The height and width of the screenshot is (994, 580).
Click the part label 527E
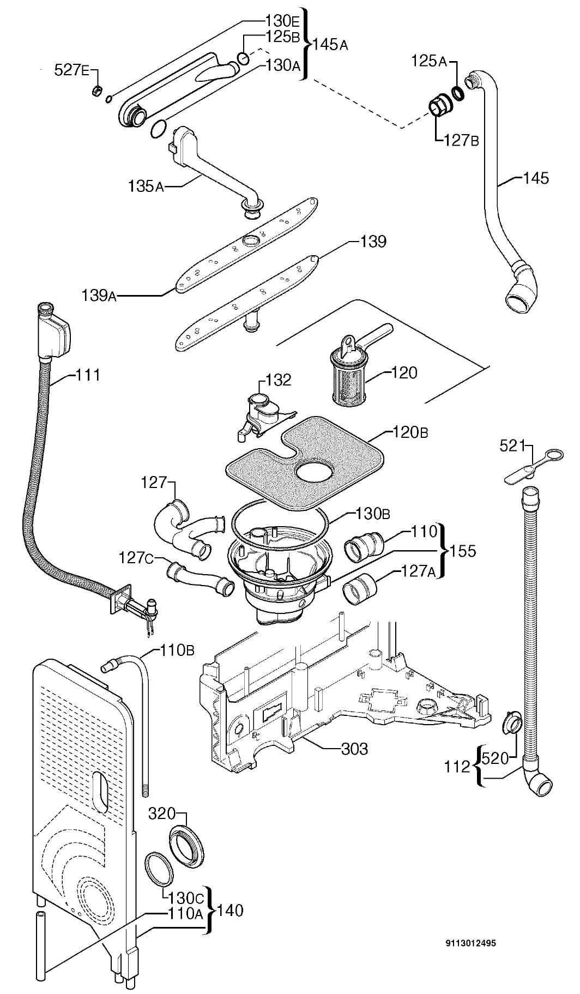[x=70, y=70]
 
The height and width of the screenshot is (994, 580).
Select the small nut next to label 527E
[x=96, y=91]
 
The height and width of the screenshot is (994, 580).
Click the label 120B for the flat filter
[x=410, y=433]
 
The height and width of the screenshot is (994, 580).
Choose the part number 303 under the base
[x=354, y=749]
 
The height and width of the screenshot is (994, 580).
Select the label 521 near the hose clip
[x=513, y=446]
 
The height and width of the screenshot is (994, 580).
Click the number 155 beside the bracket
[x=463, y=551]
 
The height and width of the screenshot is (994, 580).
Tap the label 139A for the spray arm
[x=99, y=296]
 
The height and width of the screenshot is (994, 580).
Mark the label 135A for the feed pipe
[x=146, y=186]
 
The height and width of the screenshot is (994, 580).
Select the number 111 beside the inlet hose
[x=88, y=375]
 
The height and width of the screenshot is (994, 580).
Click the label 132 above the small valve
[x=279, y=379]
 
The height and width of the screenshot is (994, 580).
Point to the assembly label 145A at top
[x=329, y=45]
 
